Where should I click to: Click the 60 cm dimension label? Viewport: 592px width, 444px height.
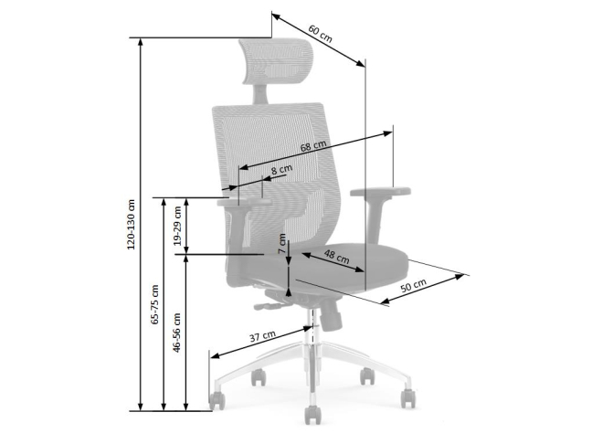pos(321,34)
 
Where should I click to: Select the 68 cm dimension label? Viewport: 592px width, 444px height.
pos(313,146)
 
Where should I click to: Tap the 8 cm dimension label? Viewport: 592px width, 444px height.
pos(281,170)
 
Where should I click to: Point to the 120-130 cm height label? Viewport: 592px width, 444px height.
pos(131,224)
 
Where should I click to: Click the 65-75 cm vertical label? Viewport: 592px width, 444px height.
pos(154,305)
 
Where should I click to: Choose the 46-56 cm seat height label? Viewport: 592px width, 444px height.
pos(176,333)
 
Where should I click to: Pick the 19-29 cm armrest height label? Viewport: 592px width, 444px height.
pos(178,227)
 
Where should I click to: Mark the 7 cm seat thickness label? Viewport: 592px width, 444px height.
pos(282,244)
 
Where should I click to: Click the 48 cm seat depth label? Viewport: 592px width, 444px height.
pos(337,257)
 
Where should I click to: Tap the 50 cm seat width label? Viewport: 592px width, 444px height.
pos(414,285)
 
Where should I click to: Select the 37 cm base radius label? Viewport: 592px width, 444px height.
pos(262,336)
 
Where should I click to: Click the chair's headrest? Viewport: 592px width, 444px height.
pos(277,62)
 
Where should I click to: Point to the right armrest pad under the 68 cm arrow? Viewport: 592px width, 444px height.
pos(380,191)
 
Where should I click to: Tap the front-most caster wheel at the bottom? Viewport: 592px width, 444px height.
pos(313,415)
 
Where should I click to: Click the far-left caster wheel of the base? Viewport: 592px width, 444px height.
pos(217,401)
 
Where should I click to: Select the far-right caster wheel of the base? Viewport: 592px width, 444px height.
pos(408,398)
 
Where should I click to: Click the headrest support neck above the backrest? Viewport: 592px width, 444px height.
pos(259,94)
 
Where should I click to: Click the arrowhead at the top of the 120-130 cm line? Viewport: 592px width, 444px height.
pos(141,42)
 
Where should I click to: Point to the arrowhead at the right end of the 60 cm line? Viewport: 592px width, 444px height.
pos(361,63)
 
